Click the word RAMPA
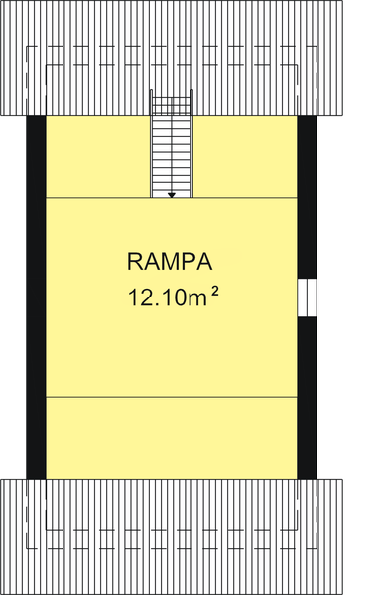point(171,262)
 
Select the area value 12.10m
point(165,296)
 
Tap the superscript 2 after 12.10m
point(214,291)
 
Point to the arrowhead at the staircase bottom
point(172,195)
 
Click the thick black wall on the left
point(36,297)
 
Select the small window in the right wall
point(307,297)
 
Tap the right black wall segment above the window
point(307,198)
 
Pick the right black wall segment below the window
point(307,397)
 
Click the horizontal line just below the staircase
point(99,198)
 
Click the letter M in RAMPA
point(171,262)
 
